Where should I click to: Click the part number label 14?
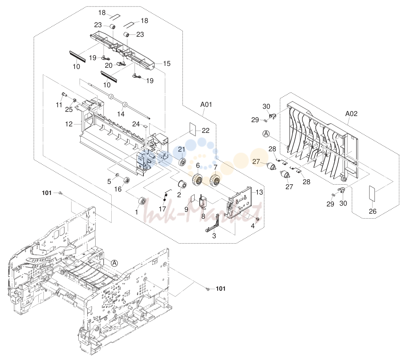click(x=121, y=114)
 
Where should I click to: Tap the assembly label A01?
click(x=206, y=105)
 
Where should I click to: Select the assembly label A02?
click(x=351, y=114)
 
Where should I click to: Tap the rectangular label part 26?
click(x=373, y=193)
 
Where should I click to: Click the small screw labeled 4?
click(x=257, y=220)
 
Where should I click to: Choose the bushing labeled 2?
click(x=182, y=185)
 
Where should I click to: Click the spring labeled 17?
click(x=167, y=195)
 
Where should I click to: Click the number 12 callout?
click(x=69, y=124)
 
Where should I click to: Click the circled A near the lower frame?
click(x=114, y=263)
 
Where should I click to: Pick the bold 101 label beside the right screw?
click(x=221, y=288)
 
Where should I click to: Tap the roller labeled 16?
click(x=127, y=180)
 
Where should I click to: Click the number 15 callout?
click(x=167, y=64)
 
